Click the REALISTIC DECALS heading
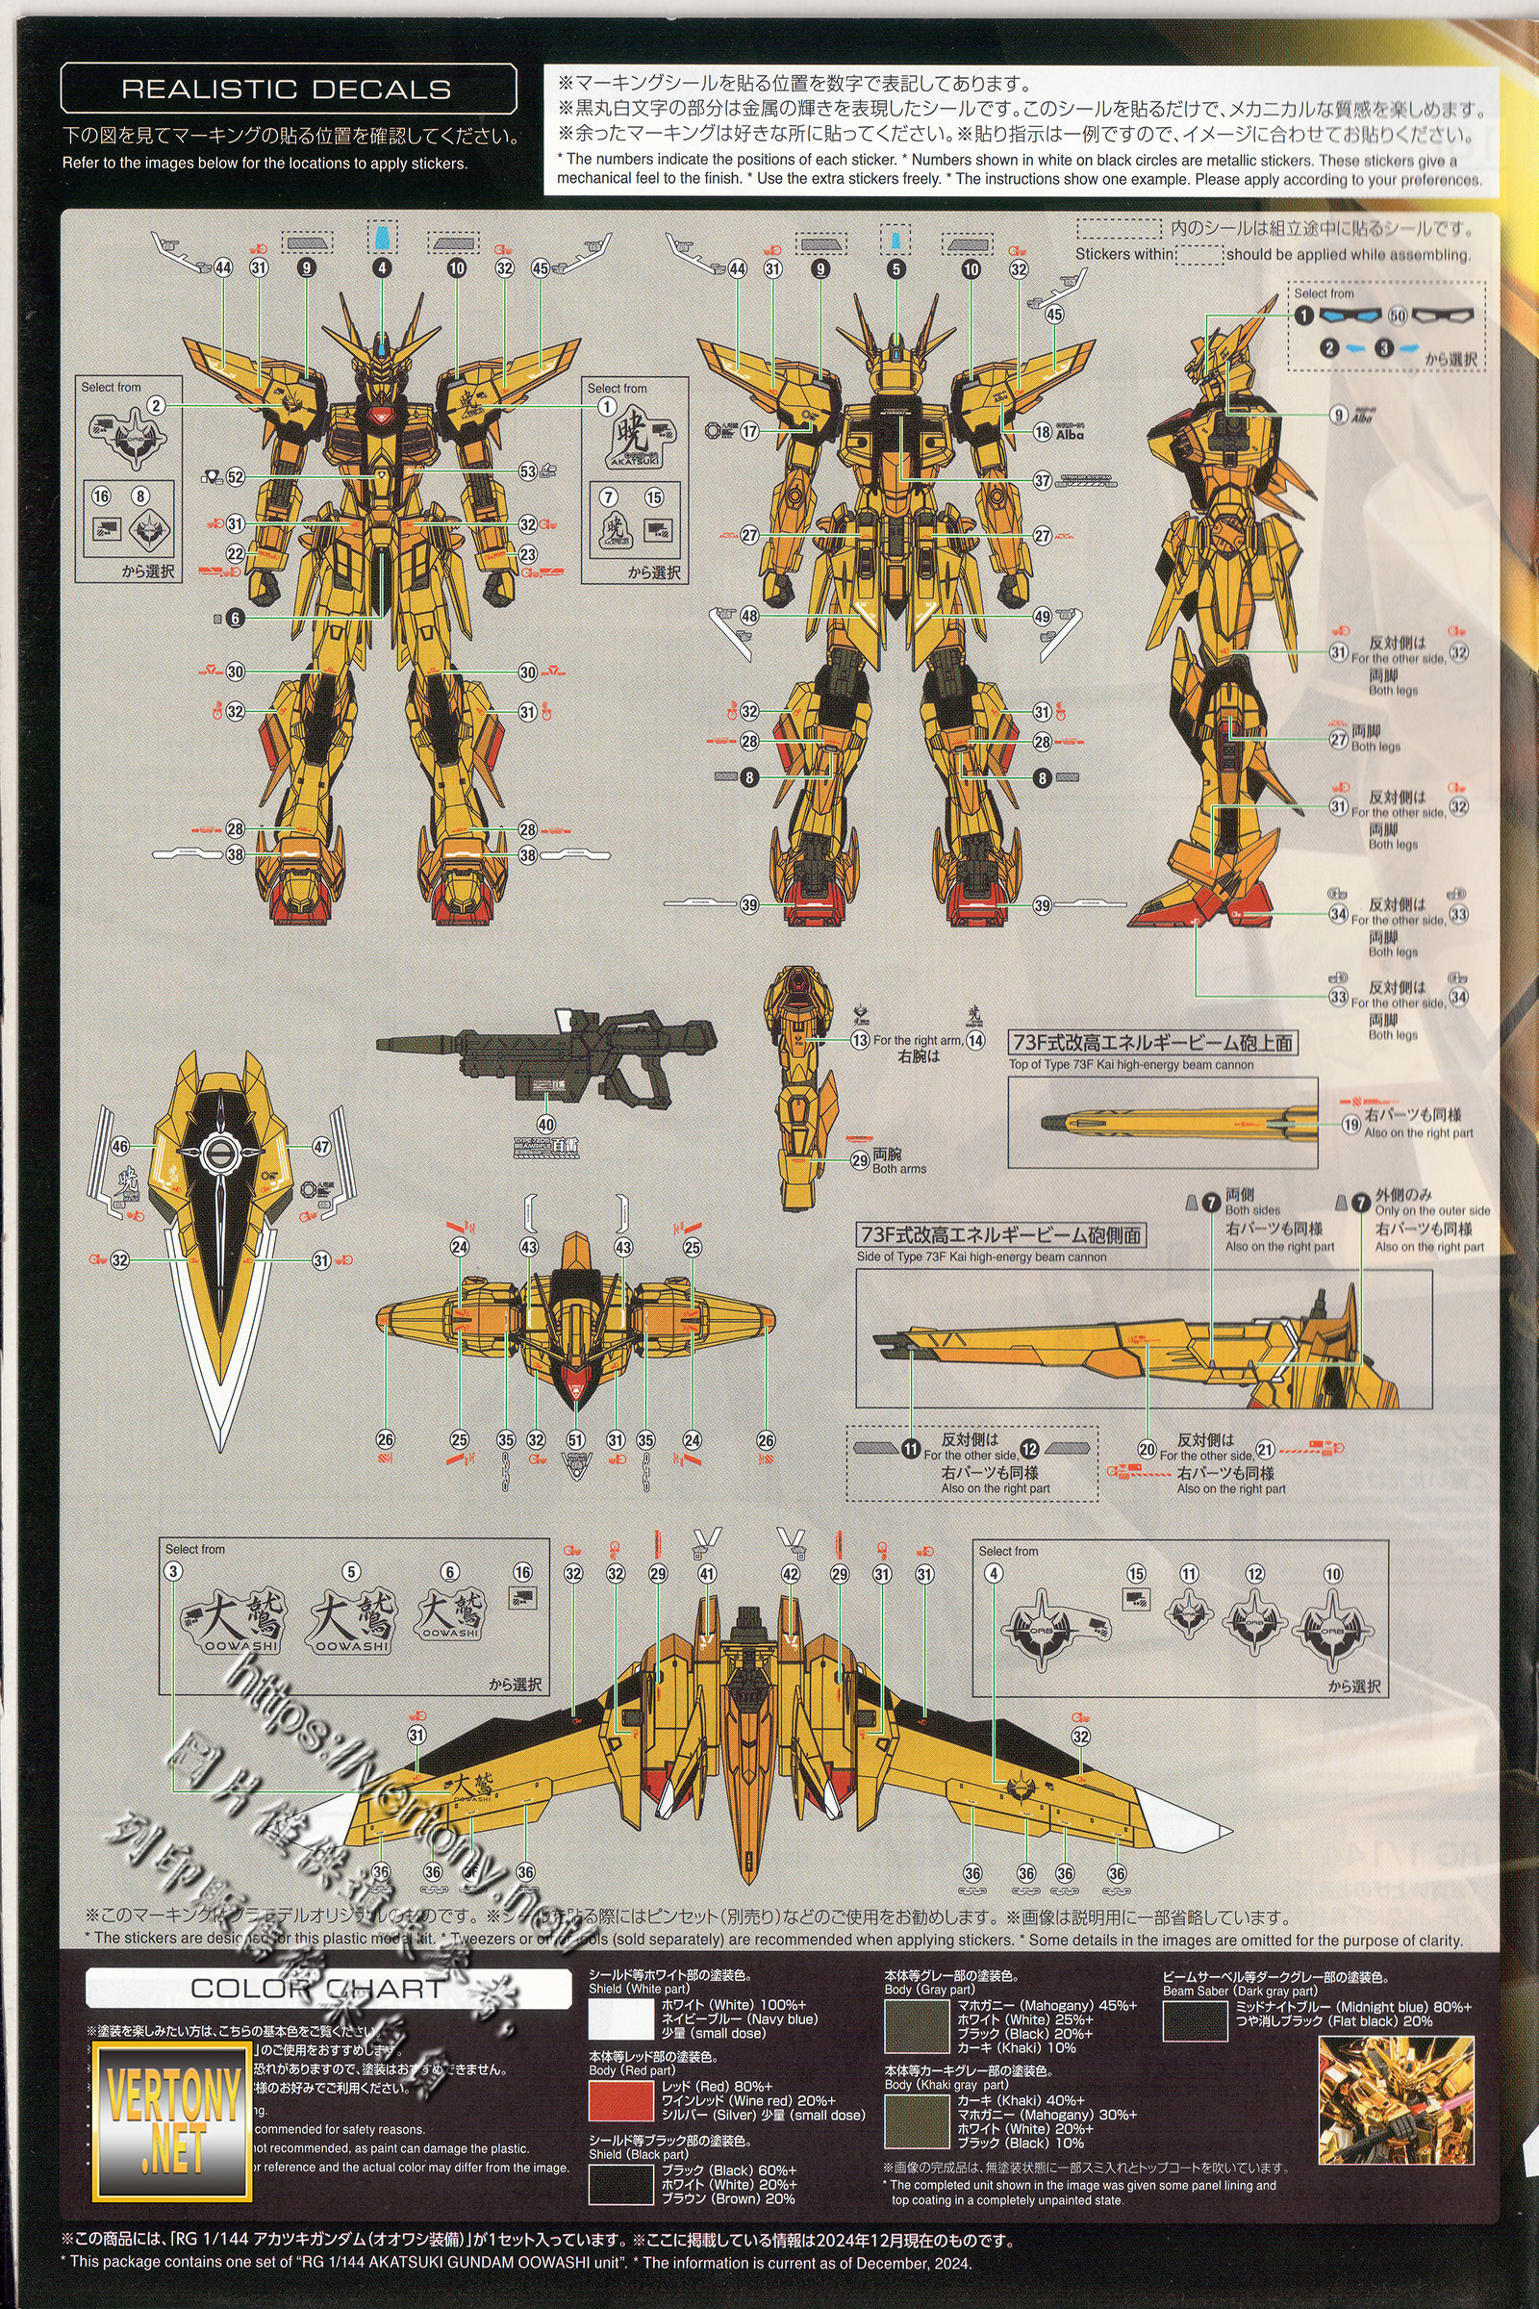click(x=287, y=89)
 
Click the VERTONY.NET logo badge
click(x=172, y=2120)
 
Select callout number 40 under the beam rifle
click(x=545, y=1124)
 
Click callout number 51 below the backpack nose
click(x=575, y=1440)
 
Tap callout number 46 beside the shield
click(x=119, y=1147)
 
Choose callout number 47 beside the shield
click(x=322, y=1147)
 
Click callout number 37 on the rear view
click(x=1043, y=481)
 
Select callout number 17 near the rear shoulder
click(x=750, y=431)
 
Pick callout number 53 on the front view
click(x=528, y=471)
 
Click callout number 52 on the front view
click(x=236, y=477)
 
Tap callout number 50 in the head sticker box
click(x=1398, y=316)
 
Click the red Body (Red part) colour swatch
click(x=620, y=2100)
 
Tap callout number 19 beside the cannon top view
click(x=1351, y=1124)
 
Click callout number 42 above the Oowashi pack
click(x=791, y=1573)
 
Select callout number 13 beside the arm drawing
click(x=860, y=1040)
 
